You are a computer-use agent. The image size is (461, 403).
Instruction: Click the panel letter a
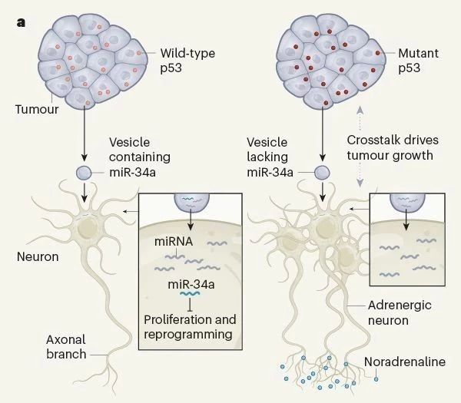pyautogui.click(x=21, y=22)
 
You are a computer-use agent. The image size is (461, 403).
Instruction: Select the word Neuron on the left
pyautogui.click(x=38, y=256)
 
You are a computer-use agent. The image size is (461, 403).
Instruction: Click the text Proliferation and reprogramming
pyautogui.click(x=190, y=326)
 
